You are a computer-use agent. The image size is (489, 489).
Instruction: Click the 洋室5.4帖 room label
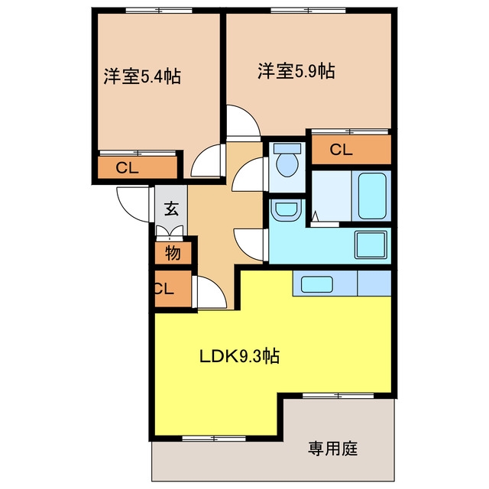click(x=142, y=76)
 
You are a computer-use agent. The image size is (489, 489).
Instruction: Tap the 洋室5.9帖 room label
click(x=296, y=71)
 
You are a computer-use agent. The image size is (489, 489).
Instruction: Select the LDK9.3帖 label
click(x=239, y=356)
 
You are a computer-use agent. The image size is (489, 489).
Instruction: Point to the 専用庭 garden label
click(x=333, y=449)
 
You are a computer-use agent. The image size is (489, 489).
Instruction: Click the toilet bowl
click(x=287, y=164)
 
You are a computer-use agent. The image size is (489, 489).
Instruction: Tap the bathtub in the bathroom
click(x=372, y=196)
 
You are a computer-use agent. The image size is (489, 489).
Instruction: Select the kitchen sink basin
click(x=316, y=284)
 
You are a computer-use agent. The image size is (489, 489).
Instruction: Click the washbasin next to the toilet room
click(x=286, y=209)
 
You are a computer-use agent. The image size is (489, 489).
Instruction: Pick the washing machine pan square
click(x=371, y=244)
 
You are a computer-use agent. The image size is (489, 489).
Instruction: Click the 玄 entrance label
click(x=171, y=209)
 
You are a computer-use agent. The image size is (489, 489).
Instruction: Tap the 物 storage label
click(x=173, y=253)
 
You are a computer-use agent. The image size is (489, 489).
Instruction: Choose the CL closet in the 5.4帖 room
click(x=128, y=168)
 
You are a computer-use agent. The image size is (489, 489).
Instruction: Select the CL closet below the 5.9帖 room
click(x=342, y=150)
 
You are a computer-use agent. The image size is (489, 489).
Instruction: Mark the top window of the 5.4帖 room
click(x=159, y=11)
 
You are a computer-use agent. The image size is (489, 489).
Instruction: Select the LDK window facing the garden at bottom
click(x=214, y=439)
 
